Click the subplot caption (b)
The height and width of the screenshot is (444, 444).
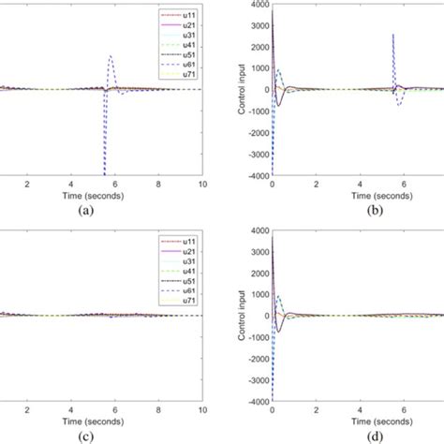(x=356, y=211)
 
